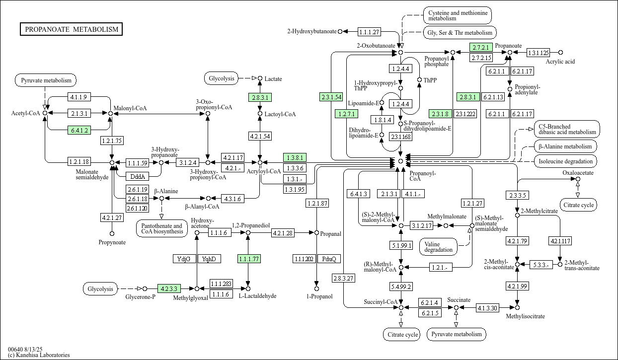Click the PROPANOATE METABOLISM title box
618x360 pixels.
coord(71,29)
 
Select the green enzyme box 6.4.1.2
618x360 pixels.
coord(79,130)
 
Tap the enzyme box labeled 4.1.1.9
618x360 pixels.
coord(79,97)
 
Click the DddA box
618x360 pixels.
coord(138,176)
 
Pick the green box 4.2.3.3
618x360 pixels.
coord(169,288)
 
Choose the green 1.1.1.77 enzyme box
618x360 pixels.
coord(249,259)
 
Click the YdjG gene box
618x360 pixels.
coord(184,259)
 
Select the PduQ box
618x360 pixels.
coord(329,259)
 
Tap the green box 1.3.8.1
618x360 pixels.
coord(295,157)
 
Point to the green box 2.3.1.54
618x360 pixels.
coord(331,97)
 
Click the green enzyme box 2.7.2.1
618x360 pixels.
coord(481,47)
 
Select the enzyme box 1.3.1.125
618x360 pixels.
coord(539,53)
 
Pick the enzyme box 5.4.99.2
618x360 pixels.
coord(401,287)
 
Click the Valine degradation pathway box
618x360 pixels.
coord(438,247)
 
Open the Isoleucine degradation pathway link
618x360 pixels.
coord(565,161)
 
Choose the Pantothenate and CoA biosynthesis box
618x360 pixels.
coord(161,228)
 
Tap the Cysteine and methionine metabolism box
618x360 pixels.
coord(458,15)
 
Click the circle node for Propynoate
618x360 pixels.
coord(112,234)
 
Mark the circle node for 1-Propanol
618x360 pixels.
coord(317,288)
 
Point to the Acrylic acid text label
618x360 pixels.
coord(560,62)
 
